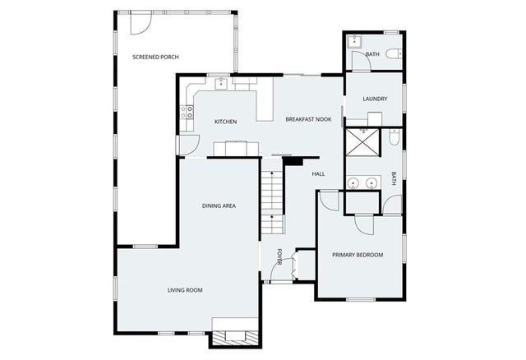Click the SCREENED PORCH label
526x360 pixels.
(155, 57)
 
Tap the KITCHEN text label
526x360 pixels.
(225, 122)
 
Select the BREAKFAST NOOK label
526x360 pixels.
(308, 120)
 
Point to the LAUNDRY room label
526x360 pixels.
(375, 99)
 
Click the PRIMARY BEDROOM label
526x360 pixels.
(358, 255)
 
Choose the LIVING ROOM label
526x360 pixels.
(185, 290)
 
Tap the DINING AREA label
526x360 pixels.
(219, 205)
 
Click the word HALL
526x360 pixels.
(319, 173)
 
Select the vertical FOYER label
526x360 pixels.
(279, 257)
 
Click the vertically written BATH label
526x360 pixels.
(394, 178)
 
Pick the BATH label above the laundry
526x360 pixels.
(372, 54)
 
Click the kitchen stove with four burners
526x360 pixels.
(187, 112)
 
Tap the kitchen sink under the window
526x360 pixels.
(222, 83)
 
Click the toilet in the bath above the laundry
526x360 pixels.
(392, 55)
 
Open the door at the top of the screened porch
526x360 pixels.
(139, 23)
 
